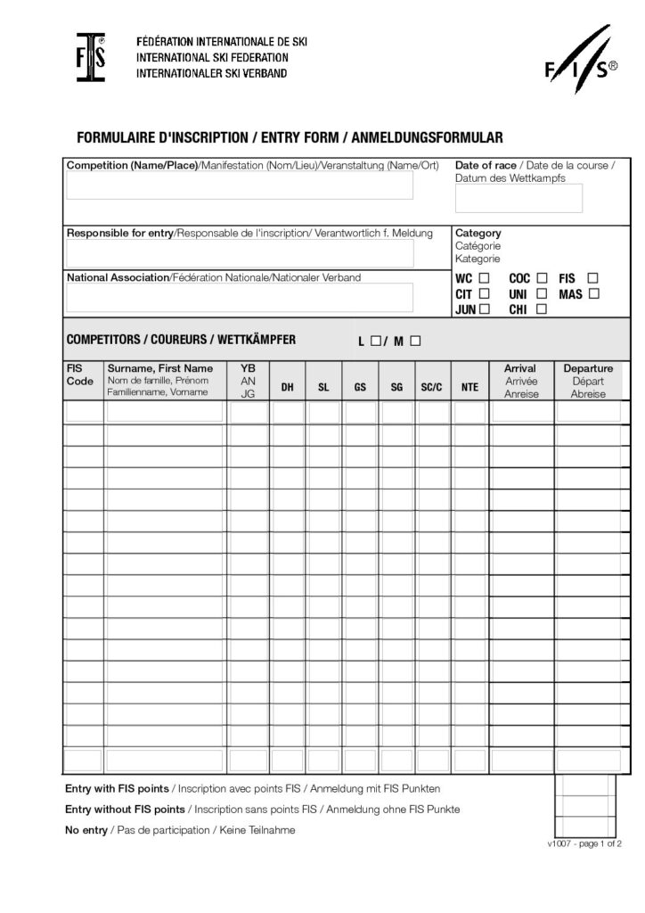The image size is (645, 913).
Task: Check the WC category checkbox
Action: tap(485, 278)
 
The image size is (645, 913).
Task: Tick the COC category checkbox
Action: tap(542, 278)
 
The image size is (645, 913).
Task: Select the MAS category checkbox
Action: tap(594, 293)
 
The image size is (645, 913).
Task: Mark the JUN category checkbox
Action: tap(485, 309)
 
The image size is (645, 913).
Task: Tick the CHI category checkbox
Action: tap(542, 309)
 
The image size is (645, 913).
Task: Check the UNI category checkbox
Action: tap(542, 293)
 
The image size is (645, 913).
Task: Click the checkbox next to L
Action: tap(376, 341)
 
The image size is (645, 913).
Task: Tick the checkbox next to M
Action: tap(415, 341)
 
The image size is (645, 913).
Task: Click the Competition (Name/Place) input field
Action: tap(240, 185)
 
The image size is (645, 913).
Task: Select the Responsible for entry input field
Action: tap(240, 253)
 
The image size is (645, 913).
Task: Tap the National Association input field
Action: tap(240, 297)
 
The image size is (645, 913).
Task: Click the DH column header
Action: tap(287, 387)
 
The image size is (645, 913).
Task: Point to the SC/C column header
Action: tap(432, 387)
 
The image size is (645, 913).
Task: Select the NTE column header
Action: tap(469, 387)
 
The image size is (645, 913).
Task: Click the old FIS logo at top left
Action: tap(90, 58)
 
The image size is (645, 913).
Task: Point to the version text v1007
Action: tap(564, 843)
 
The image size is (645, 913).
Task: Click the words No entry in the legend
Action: tap(86, 830)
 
